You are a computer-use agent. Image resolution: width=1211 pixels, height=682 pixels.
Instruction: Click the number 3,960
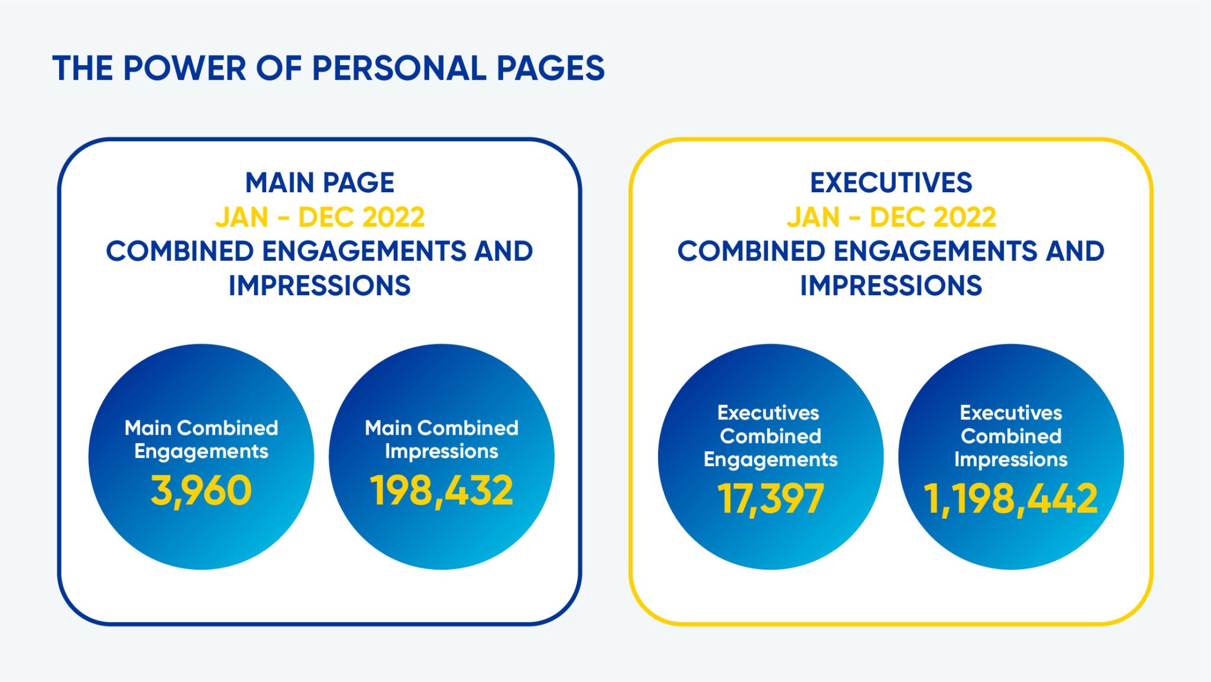click(x=201, y=491)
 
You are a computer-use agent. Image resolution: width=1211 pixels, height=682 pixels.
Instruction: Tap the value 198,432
click(x=441, y=491)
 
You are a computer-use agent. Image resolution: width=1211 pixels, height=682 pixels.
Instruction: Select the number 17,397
click(x=770, y=499)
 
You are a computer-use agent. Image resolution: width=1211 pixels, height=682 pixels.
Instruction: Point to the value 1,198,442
click(x=1011, y=499)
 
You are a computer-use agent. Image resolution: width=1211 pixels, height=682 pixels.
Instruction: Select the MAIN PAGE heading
click(x=320, y=182)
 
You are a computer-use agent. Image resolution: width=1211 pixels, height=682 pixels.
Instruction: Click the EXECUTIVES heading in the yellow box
click(x=891, y=182)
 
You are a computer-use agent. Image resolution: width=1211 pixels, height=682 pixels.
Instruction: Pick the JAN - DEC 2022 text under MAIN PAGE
click(x=320, y=217)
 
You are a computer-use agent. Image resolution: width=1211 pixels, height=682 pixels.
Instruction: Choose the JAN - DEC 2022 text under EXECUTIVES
click(x=891, y=217)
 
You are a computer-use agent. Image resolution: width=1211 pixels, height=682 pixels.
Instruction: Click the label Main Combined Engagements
click(x=201, y=439)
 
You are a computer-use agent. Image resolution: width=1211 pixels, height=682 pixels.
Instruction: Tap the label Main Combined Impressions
click(x=441, y=439)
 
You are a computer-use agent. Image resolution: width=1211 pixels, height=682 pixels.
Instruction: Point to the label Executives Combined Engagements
click(x=770, y=436)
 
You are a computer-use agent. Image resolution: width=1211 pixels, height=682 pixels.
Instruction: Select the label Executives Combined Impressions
click(x=1011, y=436)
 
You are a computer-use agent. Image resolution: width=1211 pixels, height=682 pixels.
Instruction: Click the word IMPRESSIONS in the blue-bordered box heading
click(x=320, y=286)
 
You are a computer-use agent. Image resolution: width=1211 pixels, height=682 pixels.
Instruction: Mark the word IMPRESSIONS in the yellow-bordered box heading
click(x=891, y=286)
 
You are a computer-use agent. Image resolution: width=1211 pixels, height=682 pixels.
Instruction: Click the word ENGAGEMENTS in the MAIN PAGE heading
click(x=364, y=251)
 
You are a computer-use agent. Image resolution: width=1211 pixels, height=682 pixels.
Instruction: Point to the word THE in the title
click(x=83, y=68)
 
